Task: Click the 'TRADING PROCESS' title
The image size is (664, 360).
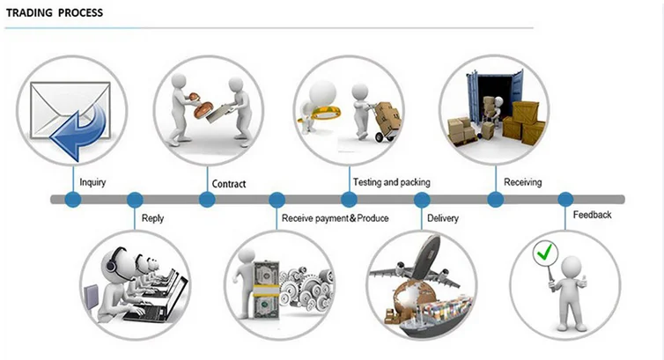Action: pos(55,12)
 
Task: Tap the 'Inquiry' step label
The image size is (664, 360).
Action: pos(92,182)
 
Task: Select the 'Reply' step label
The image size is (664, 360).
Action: pos(152,218)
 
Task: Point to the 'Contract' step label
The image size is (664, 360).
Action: pos(229,184)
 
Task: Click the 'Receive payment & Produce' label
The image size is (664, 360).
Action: pos(335,218)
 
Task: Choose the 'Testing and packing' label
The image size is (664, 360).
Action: pos(392,182)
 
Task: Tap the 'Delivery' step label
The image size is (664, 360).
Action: pos(443,218)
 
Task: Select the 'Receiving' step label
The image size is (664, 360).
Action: pos(522,182)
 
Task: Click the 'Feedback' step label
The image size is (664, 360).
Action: pos(592,215)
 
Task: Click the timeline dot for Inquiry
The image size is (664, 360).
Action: pos(73,199)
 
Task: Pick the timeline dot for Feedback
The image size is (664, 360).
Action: pos(565,199)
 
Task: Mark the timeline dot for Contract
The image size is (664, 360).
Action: pos(207,199)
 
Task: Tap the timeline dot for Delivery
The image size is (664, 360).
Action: pos(422,199)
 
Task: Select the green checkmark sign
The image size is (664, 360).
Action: pos(545,253)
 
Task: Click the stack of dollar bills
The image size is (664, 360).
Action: pos(266,290)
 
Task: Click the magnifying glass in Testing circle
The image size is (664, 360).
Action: pos(321,113)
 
